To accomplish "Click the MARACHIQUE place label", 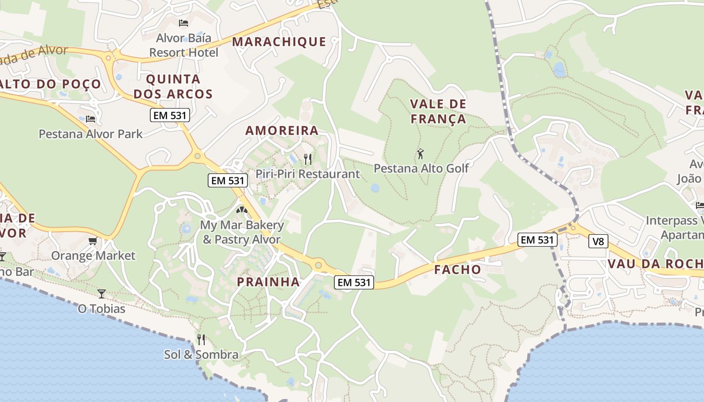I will point(279,42).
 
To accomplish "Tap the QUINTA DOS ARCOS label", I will point(180,86).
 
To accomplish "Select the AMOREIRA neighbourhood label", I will point(282,131).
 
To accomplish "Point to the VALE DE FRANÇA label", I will point(438,112).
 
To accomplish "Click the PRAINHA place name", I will point(269,282).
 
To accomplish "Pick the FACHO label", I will point(458,269).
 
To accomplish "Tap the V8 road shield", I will point(598,242).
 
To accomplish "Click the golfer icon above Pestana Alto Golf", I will point(420,154).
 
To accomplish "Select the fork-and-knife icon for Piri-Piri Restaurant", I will point(308,159).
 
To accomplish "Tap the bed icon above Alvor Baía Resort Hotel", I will point(184,23).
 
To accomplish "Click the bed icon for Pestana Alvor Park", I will point(91,119).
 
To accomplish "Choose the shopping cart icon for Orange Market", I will point(93,241).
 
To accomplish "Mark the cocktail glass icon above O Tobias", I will point(102,293).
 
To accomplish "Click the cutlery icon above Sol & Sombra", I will point(201,340).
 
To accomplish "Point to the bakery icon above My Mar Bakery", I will point(242,210).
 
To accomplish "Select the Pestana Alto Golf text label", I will point(421,168).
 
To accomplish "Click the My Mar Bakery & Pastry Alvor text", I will point(242,232).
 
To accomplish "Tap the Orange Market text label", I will point(93,256).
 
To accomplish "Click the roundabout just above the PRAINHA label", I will point(318,264).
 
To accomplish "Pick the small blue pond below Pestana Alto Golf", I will point(375,188).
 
